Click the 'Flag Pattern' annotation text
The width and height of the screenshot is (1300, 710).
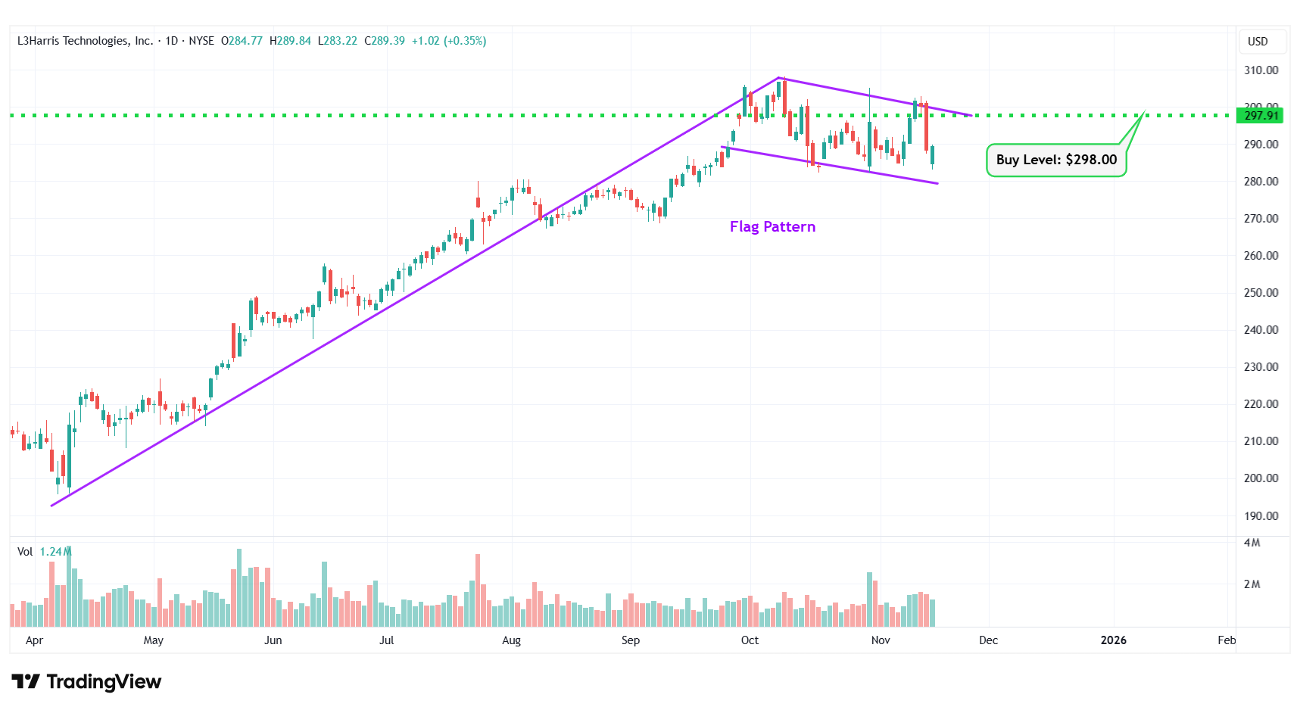coord(772,226)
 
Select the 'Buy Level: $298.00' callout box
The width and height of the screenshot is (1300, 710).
coord(1056,160)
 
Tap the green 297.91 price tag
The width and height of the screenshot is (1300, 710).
coord(1261,116)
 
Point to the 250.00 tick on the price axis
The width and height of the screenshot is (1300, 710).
coord(1261,293)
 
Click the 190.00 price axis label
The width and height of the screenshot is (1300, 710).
coord(1261,516)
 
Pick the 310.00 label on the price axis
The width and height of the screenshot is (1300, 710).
coord(1261,70)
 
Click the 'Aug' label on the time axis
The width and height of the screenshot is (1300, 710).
coord(512,640)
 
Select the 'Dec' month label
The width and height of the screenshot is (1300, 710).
coord(988,640)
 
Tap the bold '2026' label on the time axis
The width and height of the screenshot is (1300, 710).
coord(1113,640)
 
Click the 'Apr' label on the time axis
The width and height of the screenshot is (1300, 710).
coord(34,640)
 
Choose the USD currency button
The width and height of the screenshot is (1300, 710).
coord(1258,42)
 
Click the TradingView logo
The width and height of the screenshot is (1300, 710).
coord(86,682)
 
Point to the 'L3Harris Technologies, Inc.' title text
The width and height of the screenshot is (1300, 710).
coord(85,41)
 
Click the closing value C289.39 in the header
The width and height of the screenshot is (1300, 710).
coord(385,41)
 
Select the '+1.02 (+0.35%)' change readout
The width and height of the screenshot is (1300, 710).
coord(449,41)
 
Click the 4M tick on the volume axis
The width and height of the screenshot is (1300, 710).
coord(1252,543)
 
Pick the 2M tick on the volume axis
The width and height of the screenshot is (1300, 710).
coord(1252,584)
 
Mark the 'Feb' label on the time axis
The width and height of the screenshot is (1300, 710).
coord(1227,640)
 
